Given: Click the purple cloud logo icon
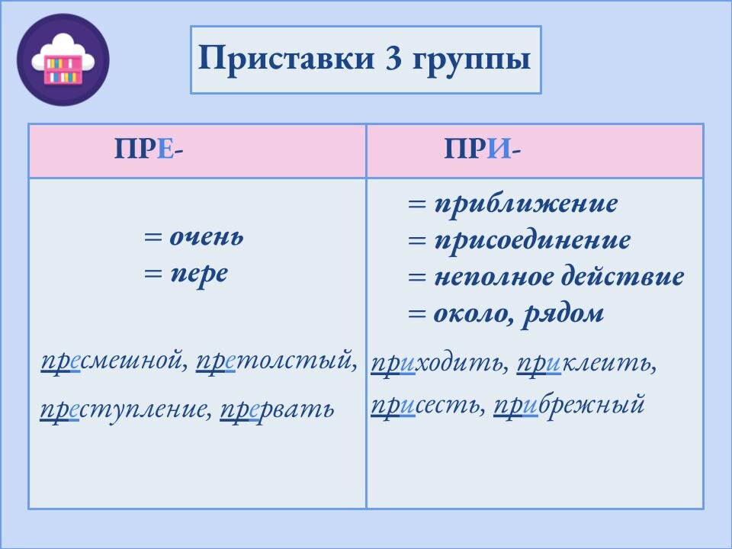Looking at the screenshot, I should click(63, 59).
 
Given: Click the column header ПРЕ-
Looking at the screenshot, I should click(149, 149).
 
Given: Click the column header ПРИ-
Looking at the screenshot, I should click(483, 149).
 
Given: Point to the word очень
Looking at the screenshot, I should click(206, 236).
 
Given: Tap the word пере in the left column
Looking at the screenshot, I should click(198, 273).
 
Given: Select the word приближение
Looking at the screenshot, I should click(526, 204).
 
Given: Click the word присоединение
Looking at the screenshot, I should click(532, 241).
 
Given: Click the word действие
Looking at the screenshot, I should click(622, 278).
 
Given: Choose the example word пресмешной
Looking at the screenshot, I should click(114, 359).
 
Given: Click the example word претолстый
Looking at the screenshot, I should click(275, 359).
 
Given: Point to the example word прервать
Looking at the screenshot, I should click(277, 409).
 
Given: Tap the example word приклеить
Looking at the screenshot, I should click(586, 365).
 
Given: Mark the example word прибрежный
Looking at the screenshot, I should click(570, 404).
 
